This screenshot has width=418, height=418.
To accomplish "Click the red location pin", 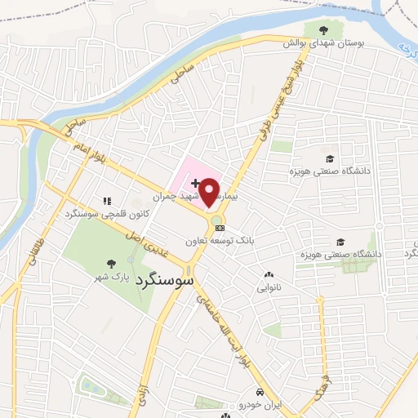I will (x=210, y=191).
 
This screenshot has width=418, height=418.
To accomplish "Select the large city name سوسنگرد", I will (x=162, y=278).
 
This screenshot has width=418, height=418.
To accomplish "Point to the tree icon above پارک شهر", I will (x=111, y=263).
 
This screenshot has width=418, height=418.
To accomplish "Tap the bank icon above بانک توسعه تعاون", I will (x=220, y=228).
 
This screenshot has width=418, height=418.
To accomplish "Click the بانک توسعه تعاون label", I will (x=242, y=241).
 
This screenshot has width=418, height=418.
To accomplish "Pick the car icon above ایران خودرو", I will (x=260, y=392).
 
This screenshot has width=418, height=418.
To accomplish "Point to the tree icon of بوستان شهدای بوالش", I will (x=332, y=29).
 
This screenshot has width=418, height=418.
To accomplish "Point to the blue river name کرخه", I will (x=401, y=50).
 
